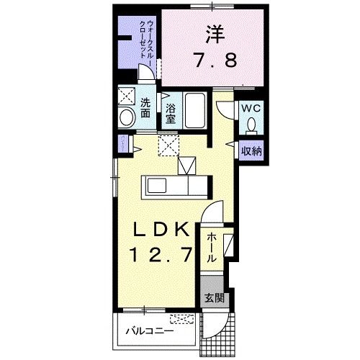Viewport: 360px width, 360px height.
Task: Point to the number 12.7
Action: (162, 254)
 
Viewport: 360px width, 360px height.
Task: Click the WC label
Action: (251, 108)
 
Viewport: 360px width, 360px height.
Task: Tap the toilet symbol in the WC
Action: (251, 127)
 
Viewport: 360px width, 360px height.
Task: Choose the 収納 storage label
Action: (251, 150)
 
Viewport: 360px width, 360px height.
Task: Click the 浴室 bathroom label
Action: (171, 114)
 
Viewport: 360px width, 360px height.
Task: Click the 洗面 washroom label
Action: (145, 107)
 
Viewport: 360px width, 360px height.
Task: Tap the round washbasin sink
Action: (127, 118)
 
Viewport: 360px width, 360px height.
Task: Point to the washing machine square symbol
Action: (127, 96)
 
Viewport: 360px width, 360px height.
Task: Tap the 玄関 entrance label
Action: (214, 297)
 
